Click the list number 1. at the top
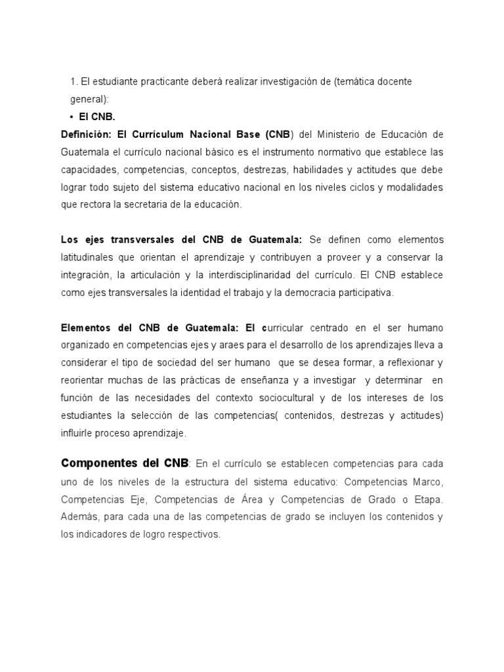coord(73,81)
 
